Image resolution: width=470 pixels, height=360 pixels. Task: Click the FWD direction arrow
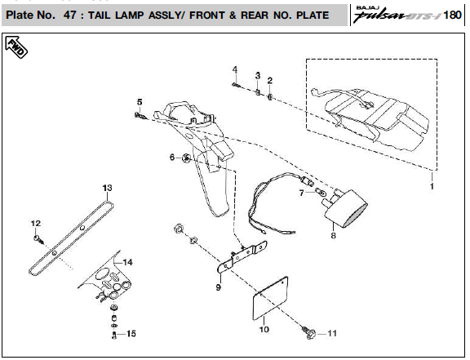[16, 47]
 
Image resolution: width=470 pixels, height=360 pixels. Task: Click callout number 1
[432, 186]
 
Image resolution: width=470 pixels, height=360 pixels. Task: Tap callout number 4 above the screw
[235, 70]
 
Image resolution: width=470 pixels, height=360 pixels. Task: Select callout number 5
[140, 102]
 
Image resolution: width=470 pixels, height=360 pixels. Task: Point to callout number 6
[172, 157]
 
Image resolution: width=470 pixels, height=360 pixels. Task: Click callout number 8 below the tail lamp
[333, 235]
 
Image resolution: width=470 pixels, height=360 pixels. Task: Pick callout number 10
[264, 329]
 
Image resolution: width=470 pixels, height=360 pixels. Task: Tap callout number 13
[107, 188]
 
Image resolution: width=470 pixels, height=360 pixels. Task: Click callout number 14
[127, 262]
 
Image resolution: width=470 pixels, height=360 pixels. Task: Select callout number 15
[131, 333]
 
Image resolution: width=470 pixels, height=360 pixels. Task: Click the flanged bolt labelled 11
[309, 333]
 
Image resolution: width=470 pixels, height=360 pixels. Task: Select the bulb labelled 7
[321, 191]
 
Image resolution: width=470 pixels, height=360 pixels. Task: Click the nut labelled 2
[269, 97]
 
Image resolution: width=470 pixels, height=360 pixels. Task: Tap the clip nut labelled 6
[186, 158]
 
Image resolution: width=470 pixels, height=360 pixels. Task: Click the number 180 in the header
[452, 15]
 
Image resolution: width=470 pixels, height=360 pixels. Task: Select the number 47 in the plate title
[70, 15]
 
